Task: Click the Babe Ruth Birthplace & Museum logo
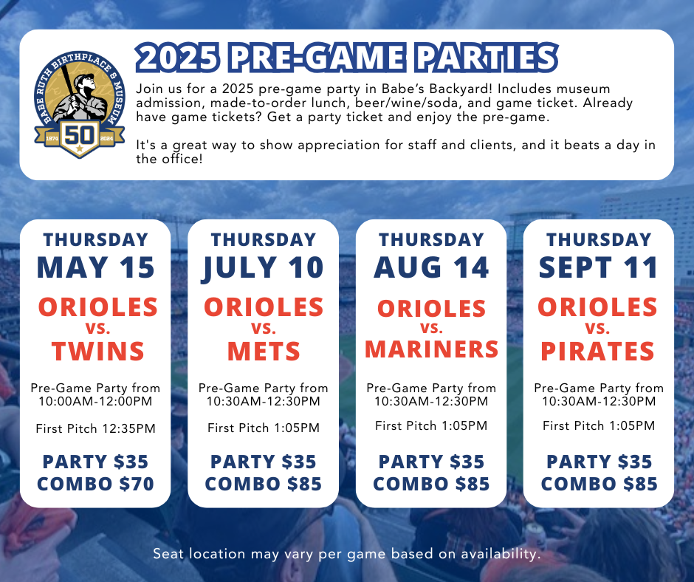coord(80,105)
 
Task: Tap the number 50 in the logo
coord(80,134)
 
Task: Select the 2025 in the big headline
coord(177,58)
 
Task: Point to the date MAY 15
coord(95,267)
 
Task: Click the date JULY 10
coord(264,268)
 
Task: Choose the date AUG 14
coord(431,267)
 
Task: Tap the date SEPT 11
coord(599,267)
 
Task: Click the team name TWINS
coord(97,352)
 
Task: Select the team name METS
coord(264,352)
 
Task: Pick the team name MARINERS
coord(432,349)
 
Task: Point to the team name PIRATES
coord(597,352)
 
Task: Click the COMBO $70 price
coord(95,484)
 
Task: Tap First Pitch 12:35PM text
coord(95,429)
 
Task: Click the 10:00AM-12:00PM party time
coord(95,401)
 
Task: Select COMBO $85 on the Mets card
coord(264,484)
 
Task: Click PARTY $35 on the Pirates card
coord(599,462)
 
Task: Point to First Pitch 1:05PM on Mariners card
coord(431,425)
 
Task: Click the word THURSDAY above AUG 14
coord(431,239)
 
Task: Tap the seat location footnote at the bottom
coord(347,554)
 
